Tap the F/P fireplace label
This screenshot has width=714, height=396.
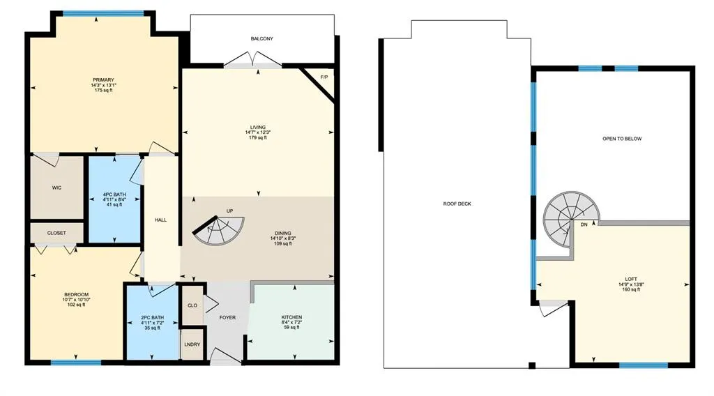[324, 77]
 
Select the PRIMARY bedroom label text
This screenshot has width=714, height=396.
[103, 80]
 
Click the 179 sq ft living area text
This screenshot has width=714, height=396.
[258, 138]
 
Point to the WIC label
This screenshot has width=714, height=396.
[57, 188]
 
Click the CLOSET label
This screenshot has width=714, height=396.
[57, 233]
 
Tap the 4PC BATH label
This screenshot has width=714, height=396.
[113, 195]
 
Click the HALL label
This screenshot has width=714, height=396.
[160, 220]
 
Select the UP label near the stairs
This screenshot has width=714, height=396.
[229, 211]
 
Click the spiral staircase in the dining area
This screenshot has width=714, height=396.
[220, 231]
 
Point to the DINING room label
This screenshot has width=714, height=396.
[283, 234]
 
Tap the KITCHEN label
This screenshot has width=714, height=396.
[291, 317]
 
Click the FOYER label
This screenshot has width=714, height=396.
[227, 318]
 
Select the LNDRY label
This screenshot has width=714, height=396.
[192, 344]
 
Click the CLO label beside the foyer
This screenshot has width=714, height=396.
[192, 305]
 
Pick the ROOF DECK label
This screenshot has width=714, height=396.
[457, 204]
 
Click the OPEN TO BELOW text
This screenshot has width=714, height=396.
[622, 139]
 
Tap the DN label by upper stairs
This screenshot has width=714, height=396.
[583, 225]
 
